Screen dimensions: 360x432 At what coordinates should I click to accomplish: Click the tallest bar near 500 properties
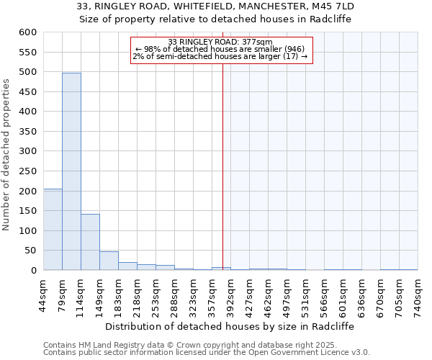pyautogui.click(x=71, y=171)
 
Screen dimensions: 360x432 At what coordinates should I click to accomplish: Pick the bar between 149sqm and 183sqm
pyautogui.click(x=109, y=261)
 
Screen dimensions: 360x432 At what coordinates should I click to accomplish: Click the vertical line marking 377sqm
pyautogui.click(x=222, y=166)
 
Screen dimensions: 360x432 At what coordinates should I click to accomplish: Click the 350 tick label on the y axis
pyautogui.click(x=27, y=132)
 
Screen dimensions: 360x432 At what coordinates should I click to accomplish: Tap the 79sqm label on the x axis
pyautogui.click(x=63, y=294)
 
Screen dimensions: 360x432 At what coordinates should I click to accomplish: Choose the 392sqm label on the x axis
pyautogui.click(x=231, y=294)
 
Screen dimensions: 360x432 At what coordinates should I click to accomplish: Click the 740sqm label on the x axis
pyautogui.click(x=418, y=294)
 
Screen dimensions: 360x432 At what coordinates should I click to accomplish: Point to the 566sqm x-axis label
pyautogui.click(x=325, y=294)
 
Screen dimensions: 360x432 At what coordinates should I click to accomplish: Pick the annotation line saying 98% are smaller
pyautogui.click(x=220, y=49)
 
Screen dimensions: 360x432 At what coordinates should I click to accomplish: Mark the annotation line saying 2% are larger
pyautogui.click(x=220, y=56)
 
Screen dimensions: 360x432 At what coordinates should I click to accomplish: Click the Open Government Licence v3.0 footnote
pyautogui.click(x=207, y=353)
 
